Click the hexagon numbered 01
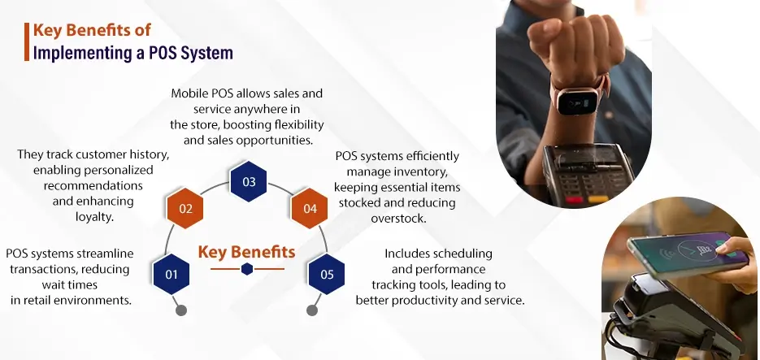pyautogui.click(x=172, y=275)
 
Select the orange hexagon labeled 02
pyautogui.click(x=185, y=209)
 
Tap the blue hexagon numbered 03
pyautogui.click(x=249, y=182)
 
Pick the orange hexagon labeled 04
pyautogui.click(x=310, y=209)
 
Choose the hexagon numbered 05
pyautogui.click(x=327, y=275)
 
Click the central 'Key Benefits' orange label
pyautogui.click(x=246, y=251)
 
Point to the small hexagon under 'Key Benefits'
pyautogui.click(x=247, y=269)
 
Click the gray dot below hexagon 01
pyautogui.click(x=181, y=310)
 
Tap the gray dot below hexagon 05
pyautogui.click(x=311, y=310)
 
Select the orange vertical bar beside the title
pyautogui.click(x=27, y=41)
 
